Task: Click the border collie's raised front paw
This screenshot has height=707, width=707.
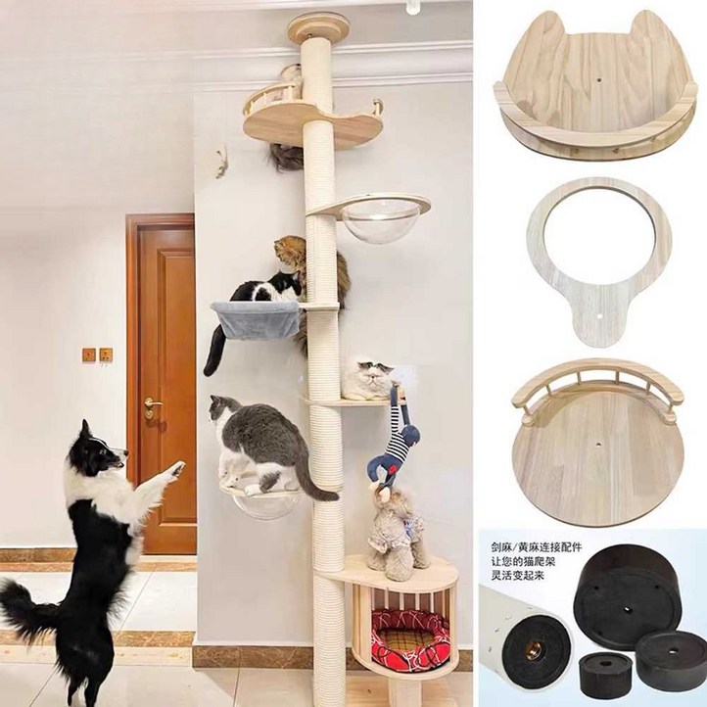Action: [x=173, y=471]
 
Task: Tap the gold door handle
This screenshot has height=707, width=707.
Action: [x=150, y=402]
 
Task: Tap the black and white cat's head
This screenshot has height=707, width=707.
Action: [x=284, y=283]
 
